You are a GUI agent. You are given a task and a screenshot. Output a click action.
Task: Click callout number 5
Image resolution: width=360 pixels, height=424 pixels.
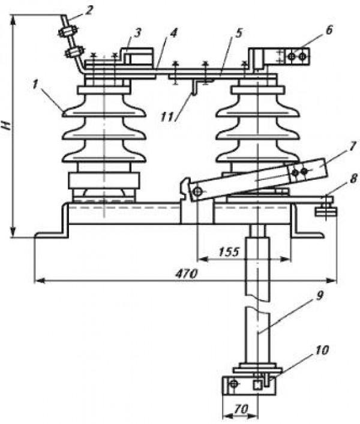pyautogui.click(x=238, y=34)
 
